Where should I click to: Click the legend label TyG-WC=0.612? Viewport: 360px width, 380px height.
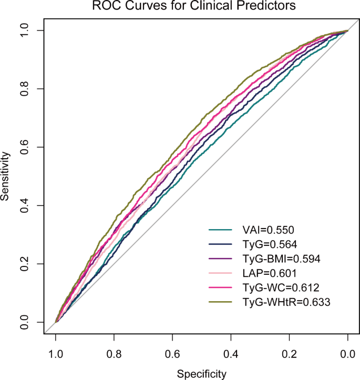[275, 287]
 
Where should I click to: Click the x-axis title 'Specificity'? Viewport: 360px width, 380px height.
[202, 374]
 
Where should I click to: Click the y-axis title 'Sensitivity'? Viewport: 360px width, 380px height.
[6, 176]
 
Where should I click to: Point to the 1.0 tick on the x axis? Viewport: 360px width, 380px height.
[56, 354]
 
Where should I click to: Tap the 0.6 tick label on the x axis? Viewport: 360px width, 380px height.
[172, 354]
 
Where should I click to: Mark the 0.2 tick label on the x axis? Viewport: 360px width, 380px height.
[289, 354]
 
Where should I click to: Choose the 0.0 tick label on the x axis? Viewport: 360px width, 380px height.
[347, 354]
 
